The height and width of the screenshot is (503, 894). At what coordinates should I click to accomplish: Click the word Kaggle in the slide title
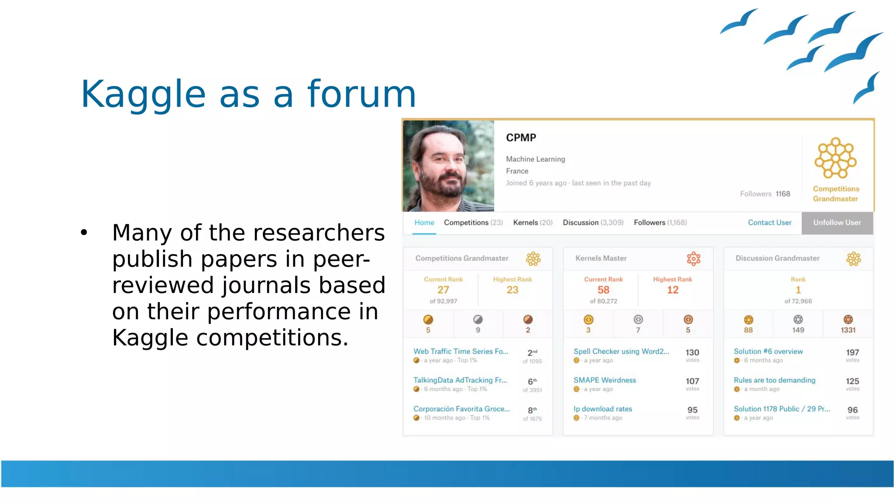point(143,94)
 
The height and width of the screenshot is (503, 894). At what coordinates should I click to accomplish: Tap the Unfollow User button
point(837,223)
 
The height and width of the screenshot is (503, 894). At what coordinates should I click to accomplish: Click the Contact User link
point(769,223)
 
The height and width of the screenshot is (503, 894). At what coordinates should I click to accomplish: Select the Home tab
point(424,223)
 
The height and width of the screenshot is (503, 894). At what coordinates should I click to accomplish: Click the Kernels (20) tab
point(533,223)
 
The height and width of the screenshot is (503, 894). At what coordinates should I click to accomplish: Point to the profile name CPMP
point(521,138)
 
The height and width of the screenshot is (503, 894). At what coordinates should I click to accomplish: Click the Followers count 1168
point(783,194)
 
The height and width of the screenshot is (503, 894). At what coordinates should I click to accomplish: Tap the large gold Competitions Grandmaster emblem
point(836,158)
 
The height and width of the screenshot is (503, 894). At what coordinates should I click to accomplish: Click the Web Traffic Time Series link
point(461,351)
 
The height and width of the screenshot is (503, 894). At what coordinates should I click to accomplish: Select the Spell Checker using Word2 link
point(621,351)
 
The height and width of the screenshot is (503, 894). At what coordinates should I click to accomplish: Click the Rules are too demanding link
point(774,380)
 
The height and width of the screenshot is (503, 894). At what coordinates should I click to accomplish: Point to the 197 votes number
point(852,352)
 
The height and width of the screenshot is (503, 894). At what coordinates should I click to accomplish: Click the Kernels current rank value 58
point(603,290)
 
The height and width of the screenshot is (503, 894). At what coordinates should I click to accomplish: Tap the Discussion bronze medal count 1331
point(848,330)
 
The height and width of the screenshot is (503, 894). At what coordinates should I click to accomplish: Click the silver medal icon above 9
point(478,320)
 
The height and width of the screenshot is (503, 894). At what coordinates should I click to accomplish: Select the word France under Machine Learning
point(517,171)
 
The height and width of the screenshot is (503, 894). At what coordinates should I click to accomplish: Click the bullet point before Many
point(84,233)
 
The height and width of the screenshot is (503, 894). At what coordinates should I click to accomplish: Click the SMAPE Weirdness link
point(605,380)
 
